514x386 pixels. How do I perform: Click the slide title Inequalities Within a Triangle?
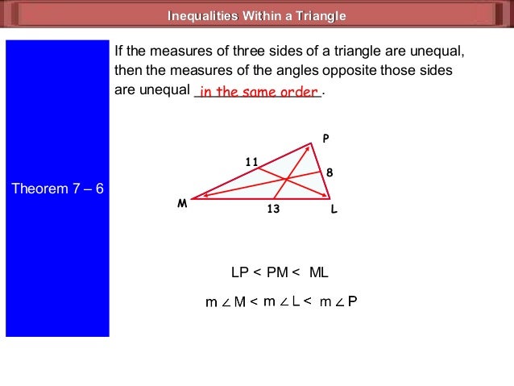257,16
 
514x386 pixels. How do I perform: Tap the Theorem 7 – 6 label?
57,189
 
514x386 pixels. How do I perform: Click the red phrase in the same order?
259,92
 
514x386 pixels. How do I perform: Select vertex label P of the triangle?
325,139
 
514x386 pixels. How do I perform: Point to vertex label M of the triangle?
183,205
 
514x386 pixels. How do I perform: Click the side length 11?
251,162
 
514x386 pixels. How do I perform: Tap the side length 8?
330,172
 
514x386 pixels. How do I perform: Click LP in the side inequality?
240,272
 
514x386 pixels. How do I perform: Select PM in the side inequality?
278,272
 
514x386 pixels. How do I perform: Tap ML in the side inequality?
319,272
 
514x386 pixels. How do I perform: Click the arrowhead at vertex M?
196,197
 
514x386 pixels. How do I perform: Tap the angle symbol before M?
226,303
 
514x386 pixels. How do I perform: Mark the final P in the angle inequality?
352,302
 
